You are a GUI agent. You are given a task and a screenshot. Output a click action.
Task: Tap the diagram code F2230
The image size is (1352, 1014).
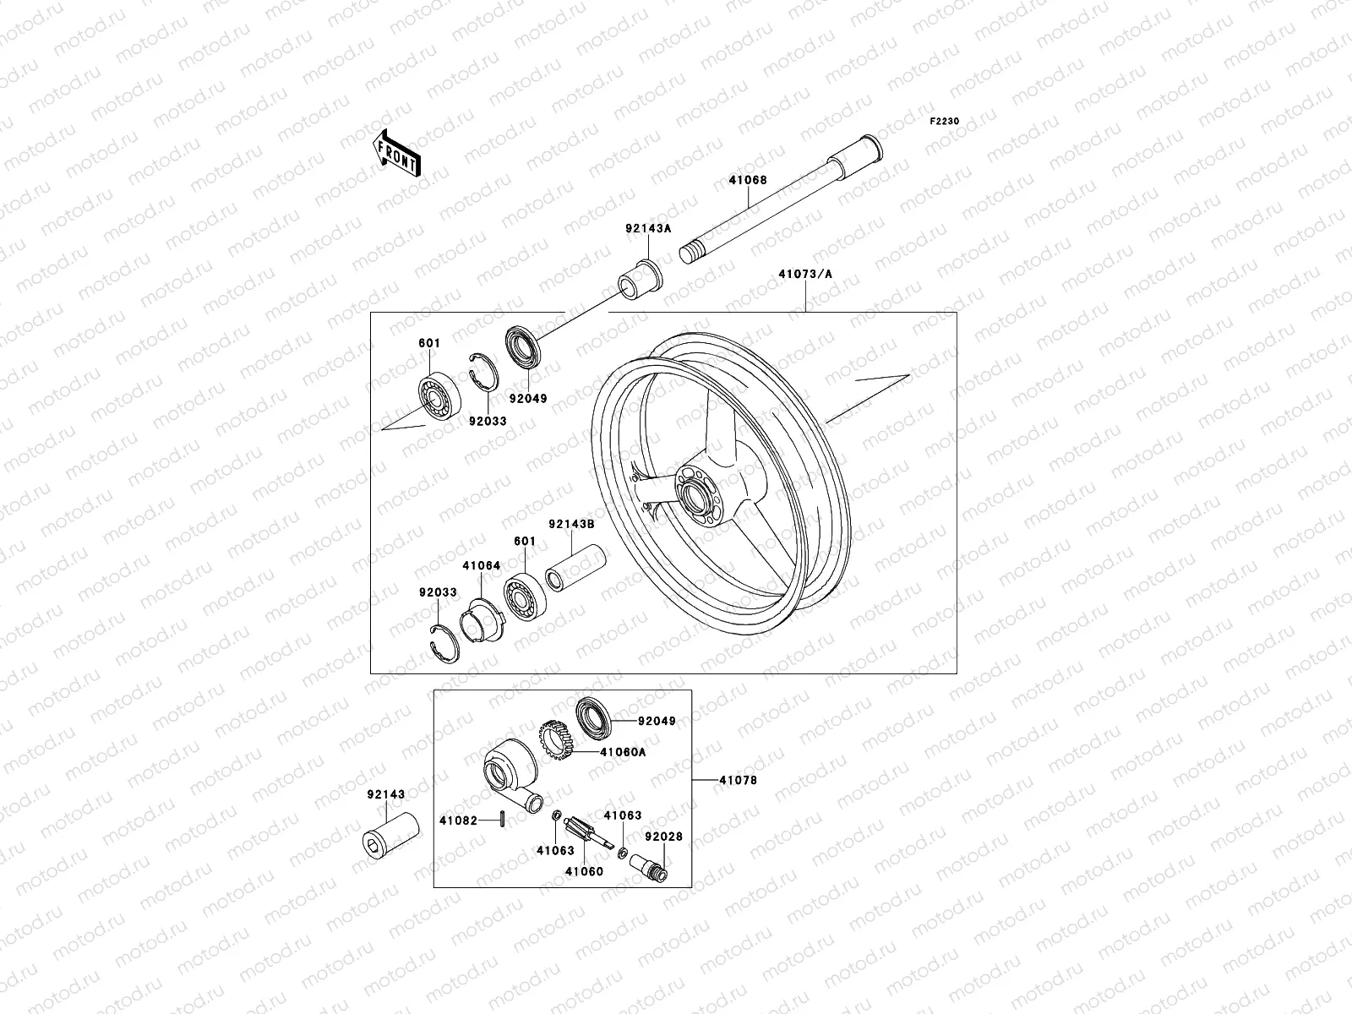point(945,122)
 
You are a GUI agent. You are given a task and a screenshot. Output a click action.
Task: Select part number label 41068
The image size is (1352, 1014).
point(748,179)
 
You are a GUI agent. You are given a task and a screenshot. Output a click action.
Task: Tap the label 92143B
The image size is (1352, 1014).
point(572,524)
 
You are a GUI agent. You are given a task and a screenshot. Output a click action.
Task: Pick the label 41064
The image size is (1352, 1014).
point(481,565)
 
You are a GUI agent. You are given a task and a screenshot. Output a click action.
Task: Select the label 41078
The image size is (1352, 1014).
point(738,780)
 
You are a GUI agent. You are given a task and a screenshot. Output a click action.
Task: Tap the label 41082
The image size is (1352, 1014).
point(458,820)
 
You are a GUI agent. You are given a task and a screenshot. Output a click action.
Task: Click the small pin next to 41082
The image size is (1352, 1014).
point(503,819)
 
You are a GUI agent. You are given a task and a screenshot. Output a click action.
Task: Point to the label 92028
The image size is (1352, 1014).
point(663,837)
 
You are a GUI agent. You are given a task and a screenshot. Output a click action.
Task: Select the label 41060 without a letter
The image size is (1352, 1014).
point(585,871)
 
